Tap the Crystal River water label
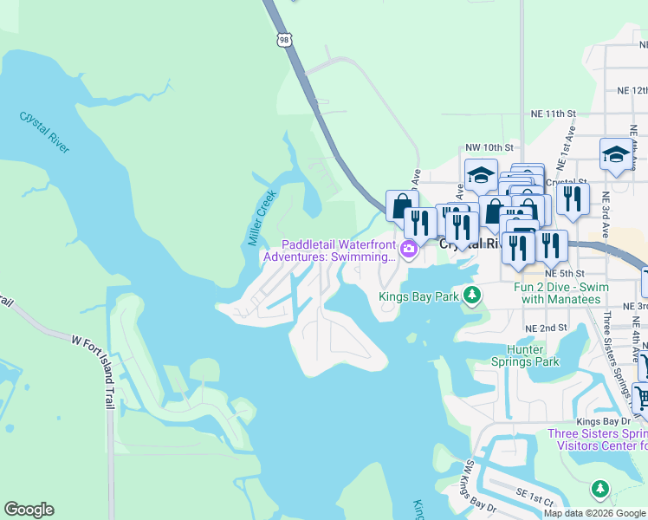click(x=44, y=132)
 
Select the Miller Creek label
click(x=262, y=217)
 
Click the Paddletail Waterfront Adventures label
click(x=329, y=250)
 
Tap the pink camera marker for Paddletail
click(x=409, y=251)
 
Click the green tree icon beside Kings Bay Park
click(x=471, y=297)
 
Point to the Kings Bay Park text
click(x=419, y=297)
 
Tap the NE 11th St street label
click(x=554, y=114)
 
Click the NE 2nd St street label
click(x=546, y=328)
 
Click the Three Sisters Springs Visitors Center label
click(x=597, y=439)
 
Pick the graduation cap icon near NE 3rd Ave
click(x=615, y=155)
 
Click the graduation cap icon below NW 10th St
click(x=481, y=175)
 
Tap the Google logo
click(x=29, y=510)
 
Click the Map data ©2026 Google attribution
click(x=594, y=513)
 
